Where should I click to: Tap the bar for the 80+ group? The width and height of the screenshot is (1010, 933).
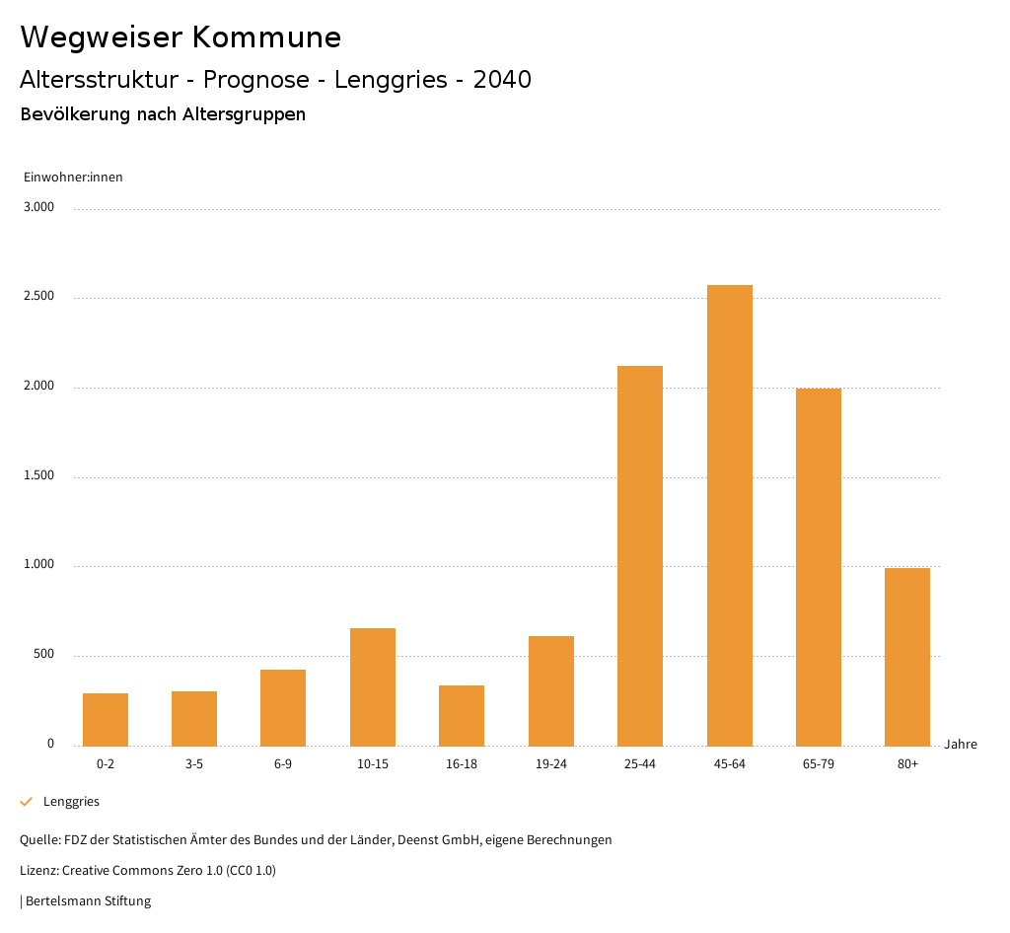907,657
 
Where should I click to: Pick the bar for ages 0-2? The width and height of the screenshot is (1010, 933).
106,719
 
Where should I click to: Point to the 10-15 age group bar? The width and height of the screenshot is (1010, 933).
373,686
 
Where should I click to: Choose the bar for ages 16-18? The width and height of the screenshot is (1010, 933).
462,715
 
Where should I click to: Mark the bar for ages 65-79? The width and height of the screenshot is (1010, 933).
819,567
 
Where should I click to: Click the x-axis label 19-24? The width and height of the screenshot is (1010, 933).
551,764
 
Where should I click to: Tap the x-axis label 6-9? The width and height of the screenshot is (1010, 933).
283,764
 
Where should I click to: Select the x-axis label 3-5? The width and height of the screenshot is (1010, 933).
194,764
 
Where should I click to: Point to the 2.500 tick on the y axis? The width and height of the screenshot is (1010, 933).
38,297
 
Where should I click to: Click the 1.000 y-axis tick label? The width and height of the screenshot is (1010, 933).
38,565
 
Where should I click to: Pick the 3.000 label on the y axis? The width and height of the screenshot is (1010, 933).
38,207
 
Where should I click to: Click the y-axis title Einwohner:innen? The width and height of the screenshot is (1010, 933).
73,178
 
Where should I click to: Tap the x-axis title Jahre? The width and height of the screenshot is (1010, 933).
961,745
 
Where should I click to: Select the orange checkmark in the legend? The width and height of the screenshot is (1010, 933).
27,802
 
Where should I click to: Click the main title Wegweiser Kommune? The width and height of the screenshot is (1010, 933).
180,37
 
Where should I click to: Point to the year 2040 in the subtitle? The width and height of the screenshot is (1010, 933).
502,80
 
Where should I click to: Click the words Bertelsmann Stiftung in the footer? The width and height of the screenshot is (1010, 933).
89,901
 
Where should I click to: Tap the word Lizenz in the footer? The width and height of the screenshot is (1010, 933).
38,871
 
